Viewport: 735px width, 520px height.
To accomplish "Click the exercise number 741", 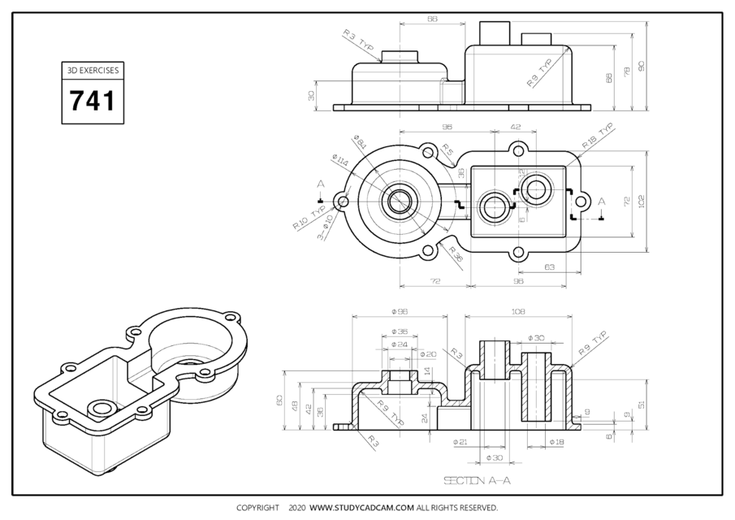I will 93,102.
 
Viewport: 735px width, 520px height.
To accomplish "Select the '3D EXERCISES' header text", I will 93,71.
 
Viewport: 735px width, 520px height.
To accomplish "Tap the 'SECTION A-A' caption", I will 478,481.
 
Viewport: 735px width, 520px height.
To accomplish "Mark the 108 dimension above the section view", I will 518,310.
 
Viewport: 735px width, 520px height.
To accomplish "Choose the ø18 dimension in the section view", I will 556,442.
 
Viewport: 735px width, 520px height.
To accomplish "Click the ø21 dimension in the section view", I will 460,442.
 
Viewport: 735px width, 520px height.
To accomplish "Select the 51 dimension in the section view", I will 642,403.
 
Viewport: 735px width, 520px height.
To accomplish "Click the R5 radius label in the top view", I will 447,149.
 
